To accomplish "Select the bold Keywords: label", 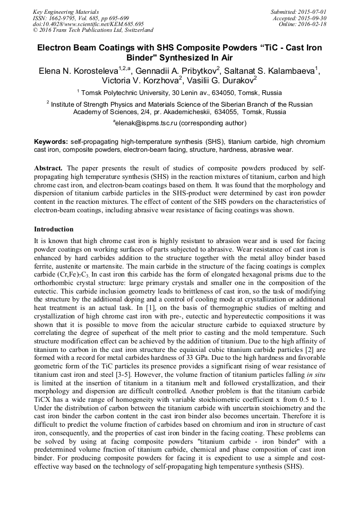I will [x=51, y=143].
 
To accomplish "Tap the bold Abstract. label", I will [x=48, y=168].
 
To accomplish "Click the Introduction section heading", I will [x=54, y=229].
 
